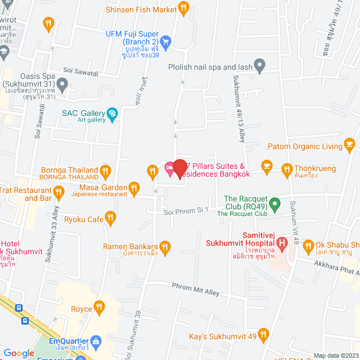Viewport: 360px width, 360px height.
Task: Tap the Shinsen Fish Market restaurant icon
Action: point(183,8)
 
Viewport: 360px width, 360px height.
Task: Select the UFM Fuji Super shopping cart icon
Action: point(165,41)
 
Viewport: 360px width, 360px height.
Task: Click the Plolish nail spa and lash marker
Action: point(259,66)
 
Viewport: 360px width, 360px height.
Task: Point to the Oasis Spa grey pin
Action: point(62,85)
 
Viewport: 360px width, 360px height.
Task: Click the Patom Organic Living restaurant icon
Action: point(350,146)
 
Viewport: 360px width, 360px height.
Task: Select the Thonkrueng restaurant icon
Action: point(286,168)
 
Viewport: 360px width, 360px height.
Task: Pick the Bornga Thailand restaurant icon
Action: point(105,170)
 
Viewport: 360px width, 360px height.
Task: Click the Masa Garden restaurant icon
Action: point(133,187)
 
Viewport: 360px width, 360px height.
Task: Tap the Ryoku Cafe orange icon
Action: point(111,217)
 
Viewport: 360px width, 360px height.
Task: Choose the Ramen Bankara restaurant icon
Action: point(165,246)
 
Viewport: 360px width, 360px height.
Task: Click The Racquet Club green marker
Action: point(274,204)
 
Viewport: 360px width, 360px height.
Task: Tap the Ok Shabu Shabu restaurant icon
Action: point(308,245)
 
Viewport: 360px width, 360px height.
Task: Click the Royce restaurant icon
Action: point(100,307)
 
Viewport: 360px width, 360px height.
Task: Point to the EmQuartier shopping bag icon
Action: point(96,340)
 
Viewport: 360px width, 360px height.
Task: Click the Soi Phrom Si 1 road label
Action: point(186,210)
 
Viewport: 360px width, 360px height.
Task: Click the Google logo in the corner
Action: point(19,353)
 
